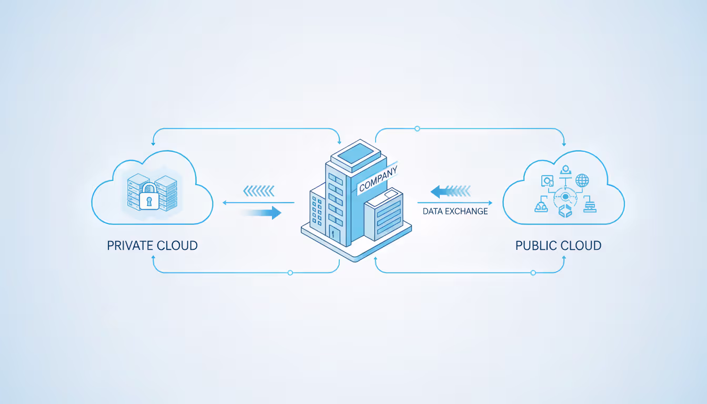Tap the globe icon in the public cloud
[x=582, y=181]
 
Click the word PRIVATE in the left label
[x=130, y=245]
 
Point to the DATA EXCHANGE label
[x=455, y=211]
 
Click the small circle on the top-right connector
[x=417, y=128]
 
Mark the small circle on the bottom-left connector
[x=290, y=272]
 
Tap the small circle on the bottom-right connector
[x=533, y=272]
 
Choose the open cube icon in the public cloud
[x=565, y=212]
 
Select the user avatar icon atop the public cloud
[x=565, y=169]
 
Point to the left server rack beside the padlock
[x=136, y=192]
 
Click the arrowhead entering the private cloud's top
[x=153, y=143]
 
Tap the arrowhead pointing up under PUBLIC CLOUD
[x=564, y=258]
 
